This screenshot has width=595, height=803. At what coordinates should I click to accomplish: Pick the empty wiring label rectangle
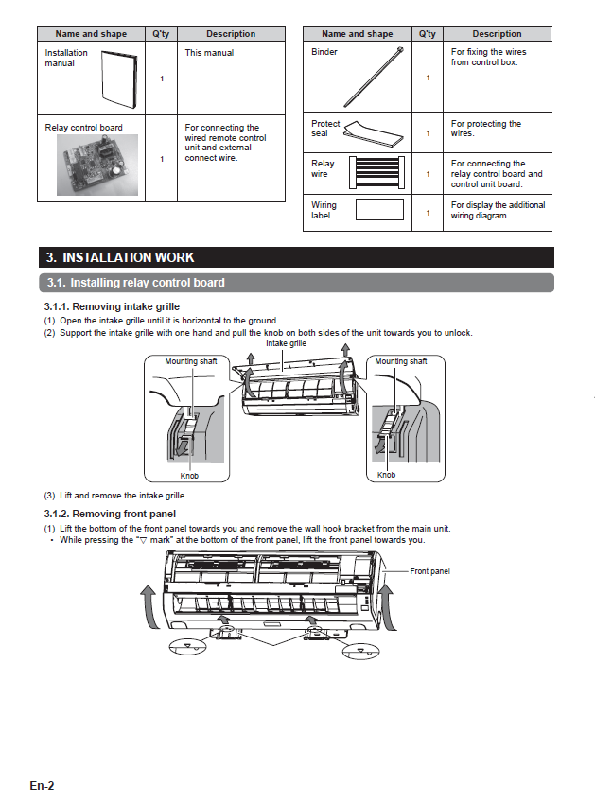(x=377, y=210)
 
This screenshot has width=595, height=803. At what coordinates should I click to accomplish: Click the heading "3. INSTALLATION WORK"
(x=120, y=257)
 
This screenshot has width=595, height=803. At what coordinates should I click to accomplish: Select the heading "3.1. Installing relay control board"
(x=135, y=283)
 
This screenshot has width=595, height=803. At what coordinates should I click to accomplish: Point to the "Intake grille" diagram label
(x=287, y=344)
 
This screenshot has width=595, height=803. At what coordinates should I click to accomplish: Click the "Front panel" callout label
(x=430, y=571)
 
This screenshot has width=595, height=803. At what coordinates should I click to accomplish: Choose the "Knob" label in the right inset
(x=387, y=475)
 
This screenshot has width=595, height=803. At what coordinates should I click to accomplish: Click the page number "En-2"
(x=42, y=785)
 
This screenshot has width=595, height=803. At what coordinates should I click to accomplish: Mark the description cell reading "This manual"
(x=209, y=53)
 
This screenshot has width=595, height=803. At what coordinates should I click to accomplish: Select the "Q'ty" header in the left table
(x=161, y=34)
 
